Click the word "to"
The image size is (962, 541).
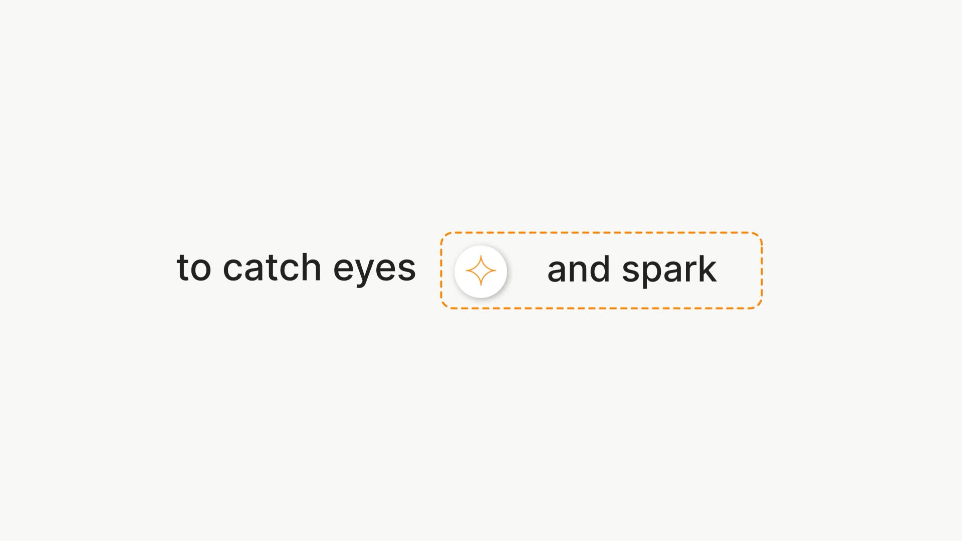[x=194, y=267]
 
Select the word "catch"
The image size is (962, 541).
[x=272, y=266]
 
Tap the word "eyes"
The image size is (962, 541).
[x=375, y=271]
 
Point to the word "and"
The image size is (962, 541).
[x=579, y=268]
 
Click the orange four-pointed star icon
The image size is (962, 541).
[x=481, y=271]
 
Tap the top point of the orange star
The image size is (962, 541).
[x=481, y=255]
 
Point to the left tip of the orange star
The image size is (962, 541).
[x=465, y=271]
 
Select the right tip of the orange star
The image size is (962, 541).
[x=497, y=271]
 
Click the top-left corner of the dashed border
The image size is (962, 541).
[x=441, y=233]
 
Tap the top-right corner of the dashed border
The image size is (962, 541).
[x=762, y=233]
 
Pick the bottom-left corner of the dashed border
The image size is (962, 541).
[x=441, y=308]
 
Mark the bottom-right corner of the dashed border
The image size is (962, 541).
[x=762, y=308]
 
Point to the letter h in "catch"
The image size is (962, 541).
[x=311, y=266]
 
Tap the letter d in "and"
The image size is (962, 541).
[x=600, y=268]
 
